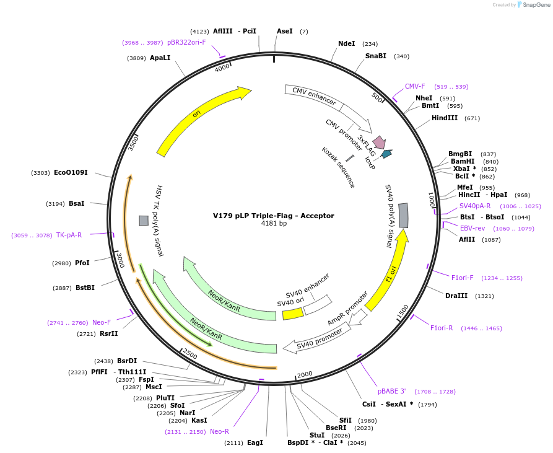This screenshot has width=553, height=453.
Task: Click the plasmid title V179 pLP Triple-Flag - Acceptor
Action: click(273, 216)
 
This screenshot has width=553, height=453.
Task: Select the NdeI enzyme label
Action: click(346, 43)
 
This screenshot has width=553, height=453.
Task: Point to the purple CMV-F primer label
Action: click(415, 86)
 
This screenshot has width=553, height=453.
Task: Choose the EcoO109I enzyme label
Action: click(71, 172)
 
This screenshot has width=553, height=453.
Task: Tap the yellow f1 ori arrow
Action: click(389, 270)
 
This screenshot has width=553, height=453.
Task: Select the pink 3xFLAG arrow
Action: click(379, 142)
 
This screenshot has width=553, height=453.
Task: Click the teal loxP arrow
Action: click(386, 154)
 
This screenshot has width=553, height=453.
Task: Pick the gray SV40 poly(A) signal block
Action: click(403, 214)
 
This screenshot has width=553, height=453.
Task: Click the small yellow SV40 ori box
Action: click(292, 314)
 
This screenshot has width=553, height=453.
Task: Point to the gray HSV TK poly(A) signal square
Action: click(144, 221)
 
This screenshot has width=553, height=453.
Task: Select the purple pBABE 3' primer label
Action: click(391, 391)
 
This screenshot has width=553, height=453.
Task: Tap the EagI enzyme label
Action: click(255, 442)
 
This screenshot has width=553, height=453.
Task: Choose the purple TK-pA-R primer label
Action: click(69, 235)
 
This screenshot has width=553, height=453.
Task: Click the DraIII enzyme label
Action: click(456, 296)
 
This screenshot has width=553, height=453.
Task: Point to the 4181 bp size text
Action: click(274, 224)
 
